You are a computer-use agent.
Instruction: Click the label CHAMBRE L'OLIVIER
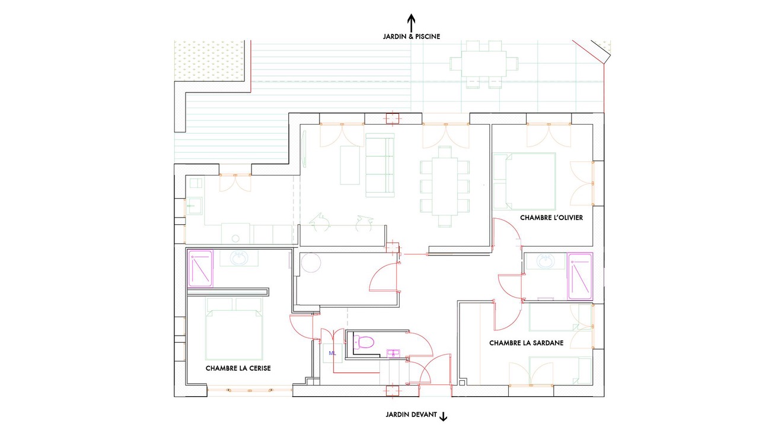pyautogui.click(x=551, y=218)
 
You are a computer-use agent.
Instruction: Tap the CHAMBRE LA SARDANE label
pyautogui.click(x=526, y=343)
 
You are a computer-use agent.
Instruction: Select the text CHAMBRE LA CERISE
pyautogui.click(x=238, y=368)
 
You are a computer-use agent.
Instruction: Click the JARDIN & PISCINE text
pyautogui.click(x=412, y=37)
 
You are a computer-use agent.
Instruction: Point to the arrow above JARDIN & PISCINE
pyautogui.click(x=411, y=23)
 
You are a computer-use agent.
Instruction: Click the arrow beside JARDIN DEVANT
pyautogui.click(x=443, y=416)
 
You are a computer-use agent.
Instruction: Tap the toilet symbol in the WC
pyautogui.click(x=363, y=342)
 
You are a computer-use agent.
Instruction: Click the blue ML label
pyautogui.click(x=333, y=353)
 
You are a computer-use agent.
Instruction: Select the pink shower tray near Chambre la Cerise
pyautogui.click(x=200, y=269)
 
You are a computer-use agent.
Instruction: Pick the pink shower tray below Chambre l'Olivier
pyautogui.click(x=581, y=276)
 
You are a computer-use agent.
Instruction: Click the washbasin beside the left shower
pyautogui.click(x=239, y=258)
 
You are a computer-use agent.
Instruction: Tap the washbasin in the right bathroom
pyautogui.click(x=546, y=262)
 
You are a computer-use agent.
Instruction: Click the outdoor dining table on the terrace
pyautogui.click(x=484, y=63)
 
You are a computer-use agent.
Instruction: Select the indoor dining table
pyautogui.click(x=445, y=186)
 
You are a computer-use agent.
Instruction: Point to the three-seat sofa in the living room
pyautogui.click(x=380, y=165)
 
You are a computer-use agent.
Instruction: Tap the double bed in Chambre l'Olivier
pyautogui.click(x=525, y=181)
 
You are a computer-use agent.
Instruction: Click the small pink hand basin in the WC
pyautogui.click(x=393, y=353)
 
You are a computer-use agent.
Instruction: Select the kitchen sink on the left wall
pyautogui.click(x=194, y=206)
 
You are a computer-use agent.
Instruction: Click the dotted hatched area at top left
pyautogui.click(x=209, y=61)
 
